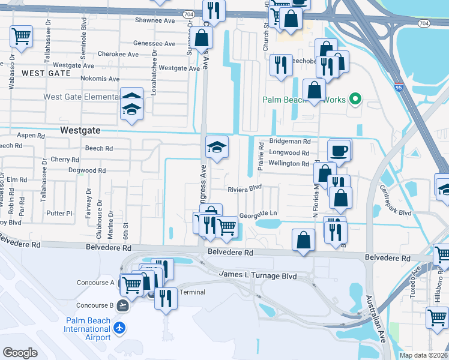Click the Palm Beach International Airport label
pyautogui.click(x=88, y=329)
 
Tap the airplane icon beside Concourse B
pyautogui.click(x=123, y=305)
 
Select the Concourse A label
pyautogui.click(x=95, y=283)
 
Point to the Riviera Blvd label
pyautogui.click(x=245, y=189)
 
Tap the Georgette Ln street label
pyautogui.click(x=258, y=214)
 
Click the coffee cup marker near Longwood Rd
pyautogui.click(x=339, y=150)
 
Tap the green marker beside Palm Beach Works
pyautogui.click(x=355, y=100)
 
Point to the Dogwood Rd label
pyautogui.click(x=86, y=170)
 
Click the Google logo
pyautogui.click(x=20, y=353)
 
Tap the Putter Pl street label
pyautogui.click(x=59, y=213)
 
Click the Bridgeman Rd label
pyautogui.click(x=289, y=142)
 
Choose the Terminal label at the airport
pyautogui.click(x=193, y=292)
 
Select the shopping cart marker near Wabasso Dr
pyautogui.click(x=21, y=36)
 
